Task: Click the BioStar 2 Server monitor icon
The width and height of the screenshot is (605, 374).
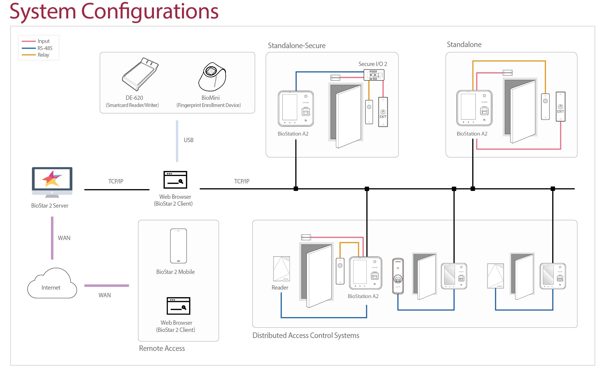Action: tap(52, 182)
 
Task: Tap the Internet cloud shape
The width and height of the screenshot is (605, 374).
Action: tap(52, 284)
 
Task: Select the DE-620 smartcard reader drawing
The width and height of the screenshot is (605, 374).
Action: tap(140, 74)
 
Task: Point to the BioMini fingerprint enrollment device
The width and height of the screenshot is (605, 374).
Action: tap(212, 77)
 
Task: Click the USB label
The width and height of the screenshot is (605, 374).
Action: tap(189, 140)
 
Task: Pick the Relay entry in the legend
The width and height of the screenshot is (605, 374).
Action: tap(43, 55)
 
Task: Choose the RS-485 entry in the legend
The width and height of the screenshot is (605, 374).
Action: tap(45, 48)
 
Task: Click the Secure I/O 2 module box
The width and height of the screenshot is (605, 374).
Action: tap(374, 75)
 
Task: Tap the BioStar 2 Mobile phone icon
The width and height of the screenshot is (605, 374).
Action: tap(178, 246)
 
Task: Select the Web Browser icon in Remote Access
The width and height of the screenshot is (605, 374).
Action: tap(178, 306)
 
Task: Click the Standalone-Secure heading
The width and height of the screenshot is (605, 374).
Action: tap(297, 46)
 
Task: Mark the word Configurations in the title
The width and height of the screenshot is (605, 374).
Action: tap(150, 12)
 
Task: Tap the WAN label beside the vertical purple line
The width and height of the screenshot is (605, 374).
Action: tap(64, 238)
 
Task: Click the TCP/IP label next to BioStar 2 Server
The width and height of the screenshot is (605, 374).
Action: tap(116, 182)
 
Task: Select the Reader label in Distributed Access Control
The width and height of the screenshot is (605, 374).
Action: tap(280, 288)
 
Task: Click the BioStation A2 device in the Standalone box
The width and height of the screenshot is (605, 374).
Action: tap(474, 108)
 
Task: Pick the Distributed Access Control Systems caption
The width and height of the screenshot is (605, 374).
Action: tap(306, 335)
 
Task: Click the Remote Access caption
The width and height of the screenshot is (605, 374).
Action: tap(162, 348)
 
